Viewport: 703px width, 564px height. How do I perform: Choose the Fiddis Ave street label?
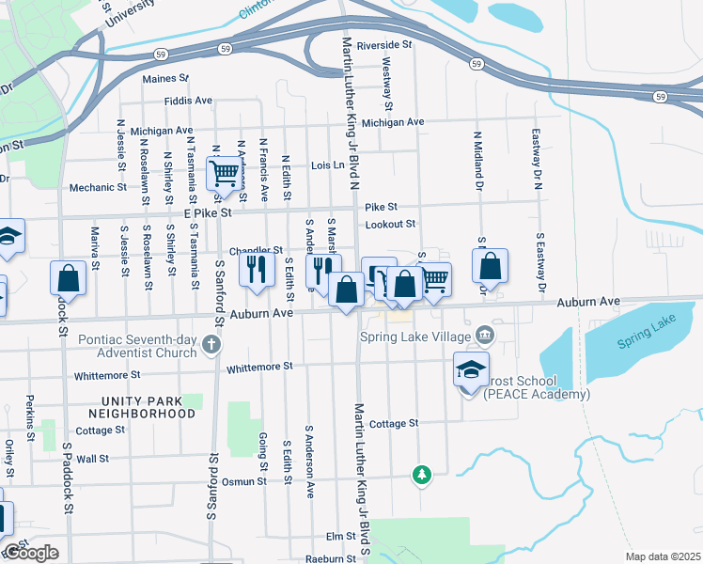pos(188,100)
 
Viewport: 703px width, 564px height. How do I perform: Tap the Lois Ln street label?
pos(328,164)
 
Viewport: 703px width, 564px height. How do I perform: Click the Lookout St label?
pos(390,224)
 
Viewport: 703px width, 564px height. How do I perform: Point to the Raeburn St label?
pos(331,558)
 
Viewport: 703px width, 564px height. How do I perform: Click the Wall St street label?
pos(93,460)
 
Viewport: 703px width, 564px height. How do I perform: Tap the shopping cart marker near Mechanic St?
pos(224,173)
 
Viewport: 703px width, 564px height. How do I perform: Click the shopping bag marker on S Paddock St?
pos(69,277)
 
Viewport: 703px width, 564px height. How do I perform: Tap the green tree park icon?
pos(422,474)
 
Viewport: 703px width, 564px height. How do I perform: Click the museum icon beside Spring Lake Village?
pos(484,334)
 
